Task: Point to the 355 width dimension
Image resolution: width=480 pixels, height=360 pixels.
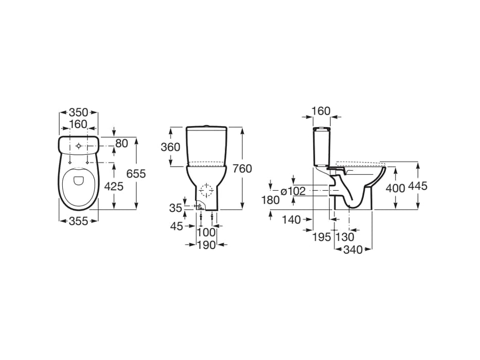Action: tap(79, 221)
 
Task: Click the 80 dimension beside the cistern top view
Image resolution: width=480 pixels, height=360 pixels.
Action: tap(121, 143)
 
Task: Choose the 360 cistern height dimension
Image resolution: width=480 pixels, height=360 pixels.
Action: tap(170, 147)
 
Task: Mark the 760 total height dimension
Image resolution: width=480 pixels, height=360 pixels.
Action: tap(242, 169)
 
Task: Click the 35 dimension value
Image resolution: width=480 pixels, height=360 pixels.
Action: tap(176, 208)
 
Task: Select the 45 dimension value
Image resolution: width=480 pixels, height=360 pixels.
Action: tap(176, 226)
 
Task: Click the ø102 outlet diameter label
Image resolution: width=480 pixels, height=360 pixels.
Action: tap(293, 191)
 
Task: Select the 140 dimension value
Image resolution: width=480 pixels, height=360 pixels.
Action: tap(291, 220)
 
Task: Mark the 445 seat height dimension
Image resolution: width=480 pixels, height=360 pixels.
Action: tap(417, 186)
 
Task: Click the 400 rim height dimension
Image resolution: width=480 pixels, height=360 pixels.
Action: tap(395, 188)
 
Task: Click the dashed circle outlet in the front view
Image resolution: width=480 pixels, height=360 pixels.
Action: tap(206, 191)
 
